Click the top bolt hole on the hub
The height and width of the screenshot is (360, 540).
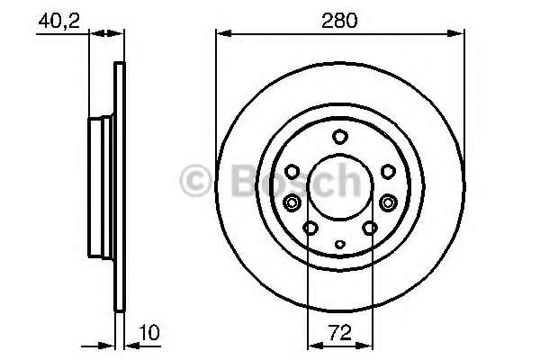tap(339, 137)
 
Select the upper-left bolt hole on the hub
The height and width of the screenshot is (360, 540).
tap(292, 170)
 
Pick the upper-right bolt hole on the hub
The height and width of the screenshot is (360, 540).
tap(386, 170)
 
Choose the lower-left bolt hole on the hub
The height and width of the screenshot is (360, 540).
tap(310, 229)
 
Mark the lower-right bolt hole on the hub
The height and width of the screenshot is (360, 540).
tap(369, 229)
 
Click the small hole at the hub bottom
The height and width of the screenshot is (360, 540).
tap(339, 243)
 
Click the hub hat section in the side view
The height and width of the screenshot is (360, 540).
tap(101, 188)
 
